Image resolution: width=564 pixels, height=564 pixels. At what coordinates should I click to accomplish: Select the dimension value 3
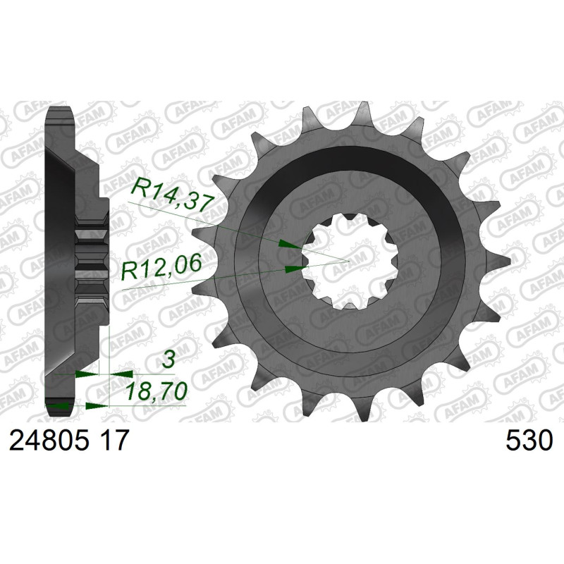pyautogui.click(x=168, y=360)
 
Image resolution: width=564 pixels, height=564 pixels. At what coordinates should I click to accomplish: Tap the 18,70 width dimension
pyautogui.click(x=156, y=391)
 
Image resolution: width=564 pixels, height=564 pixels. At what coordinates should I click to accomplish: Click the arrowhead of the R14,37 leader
pyautogui.click(x=290, y=245)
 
